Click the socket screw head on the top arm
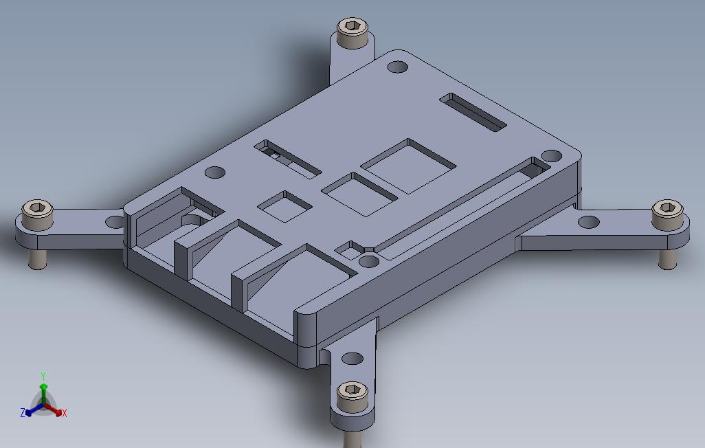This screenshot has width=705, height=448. click(352, 32)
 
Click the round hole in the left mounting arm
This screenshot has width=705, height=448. click(114, 222)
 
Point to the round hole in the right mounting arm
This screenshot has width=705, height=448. click(589, 222)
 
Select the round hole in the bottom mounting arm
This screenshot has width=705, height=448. click(352, 358)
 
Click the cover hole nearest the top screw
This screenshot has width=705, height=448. click(398, 67)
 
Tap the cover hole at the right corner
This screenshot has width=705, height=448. click(551, 156)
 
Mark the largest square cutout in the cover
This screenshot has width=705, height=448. click(408, 165)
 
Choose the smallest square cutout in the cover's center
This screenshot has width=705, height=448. click(285, 205)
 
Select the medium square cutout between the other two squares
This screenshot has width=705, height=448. click(360, 192)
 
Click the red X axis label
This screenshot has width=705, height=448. click(64, 413)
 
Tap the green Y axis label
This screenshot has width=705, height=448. click(43, 377)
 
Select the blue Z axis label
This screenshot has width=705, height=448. click(23, 413)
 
